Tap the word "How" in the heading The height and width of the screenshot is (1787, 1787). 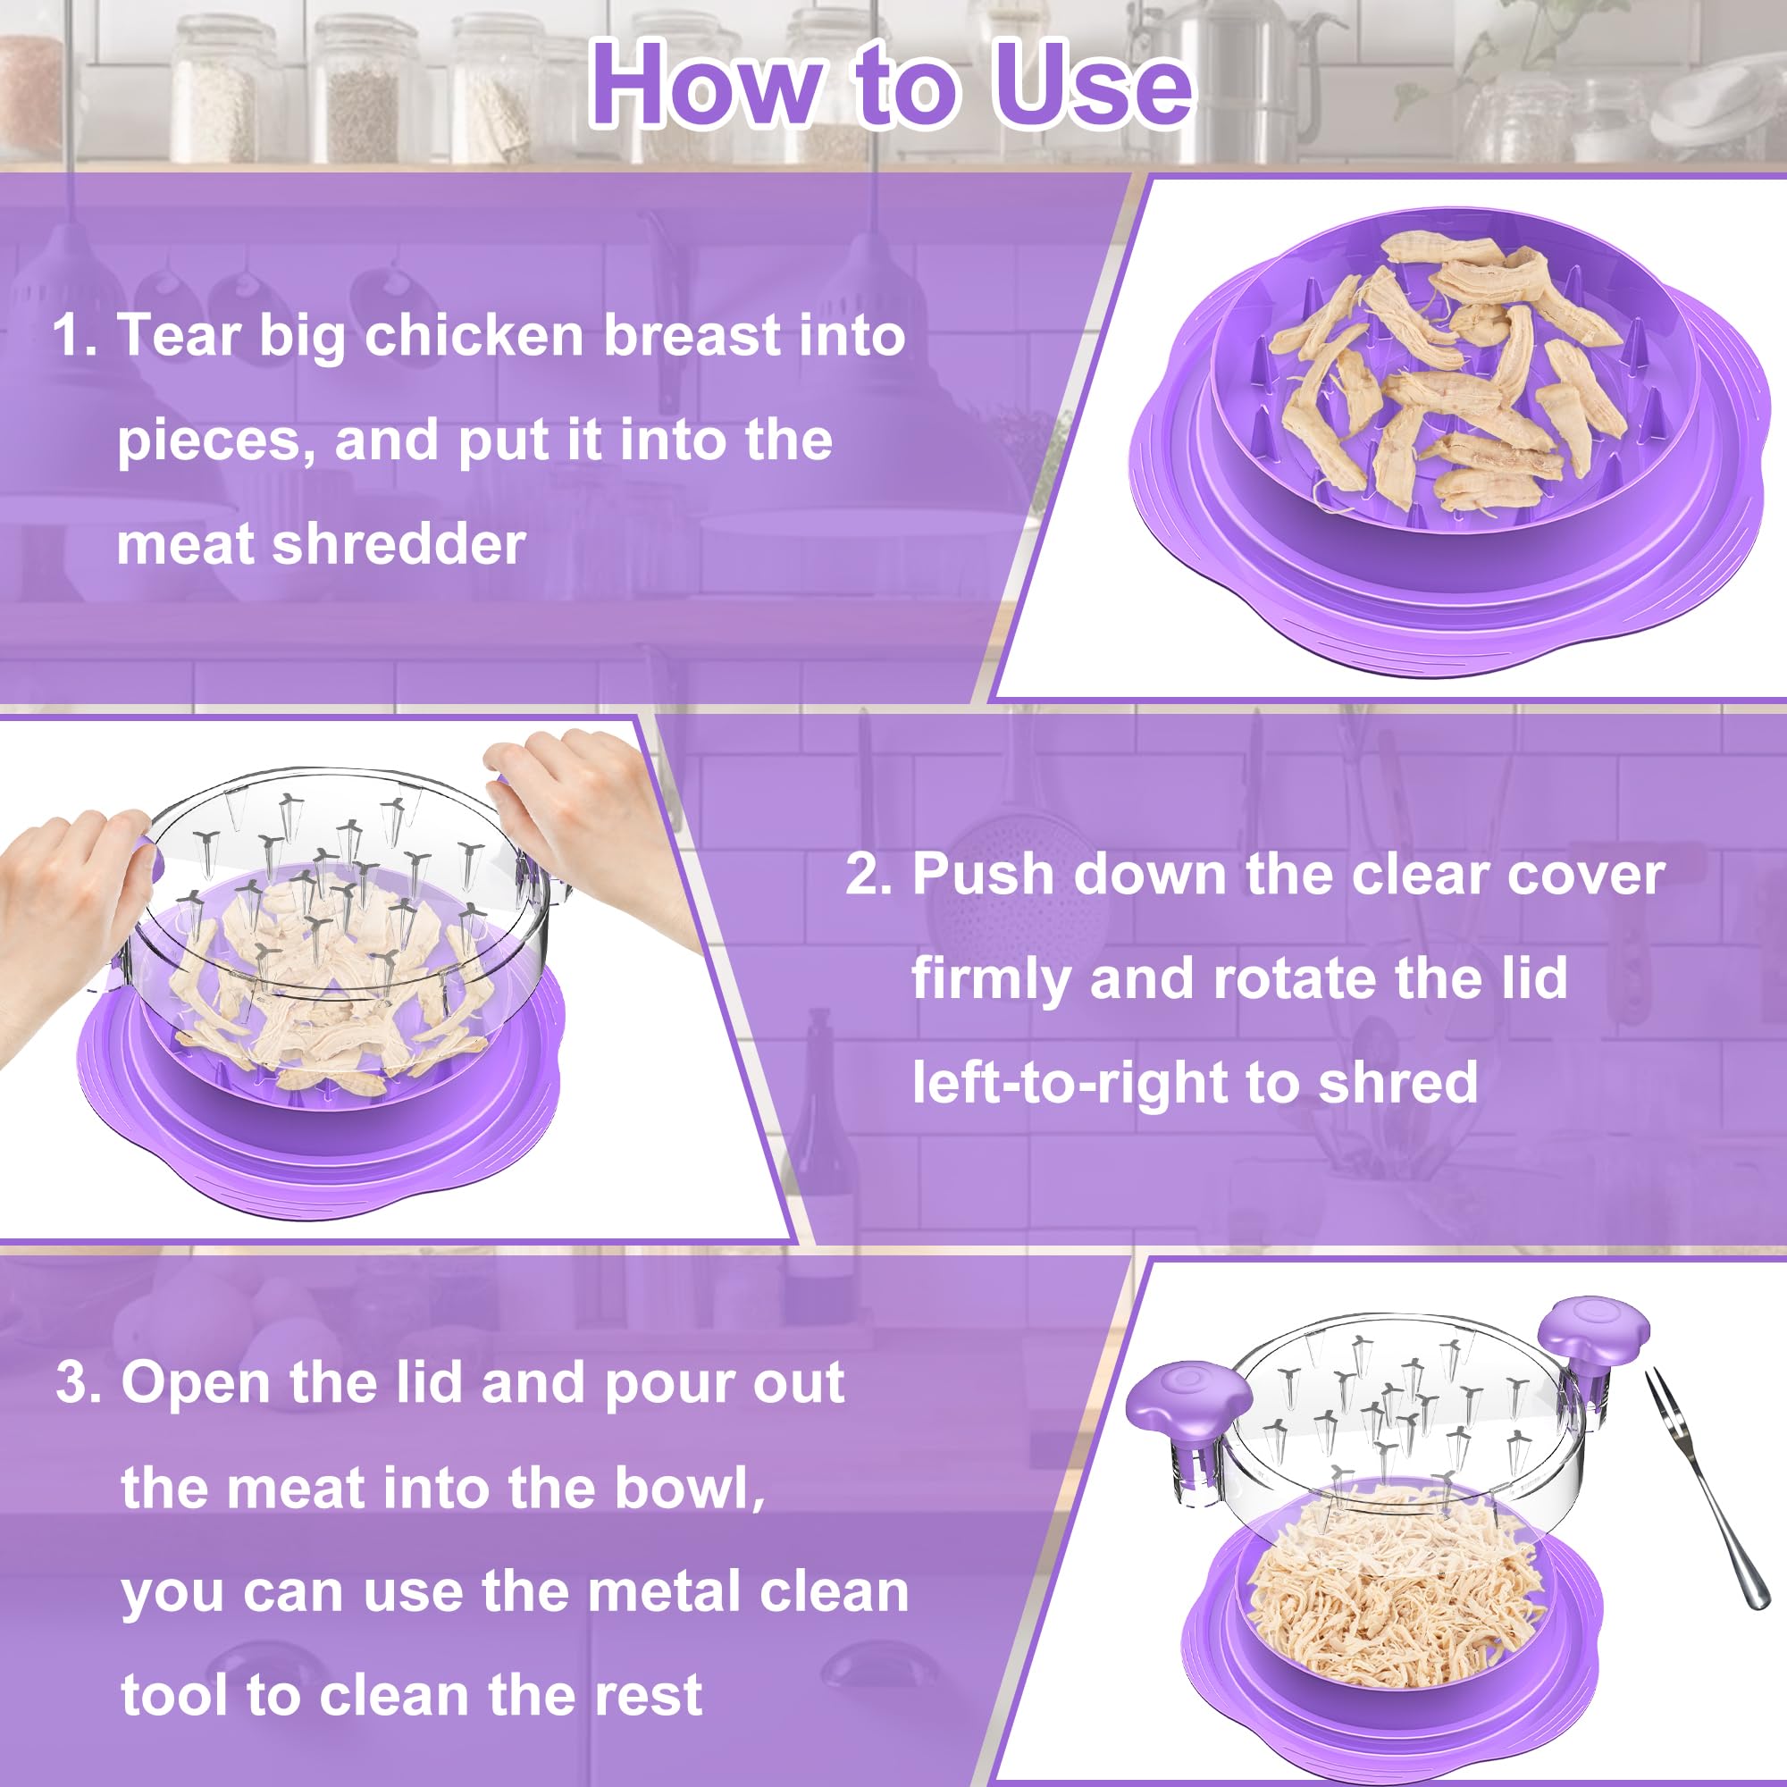coord(706,85)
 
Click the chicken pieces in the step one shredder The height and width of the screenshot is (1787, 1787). coord(1443,379)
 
